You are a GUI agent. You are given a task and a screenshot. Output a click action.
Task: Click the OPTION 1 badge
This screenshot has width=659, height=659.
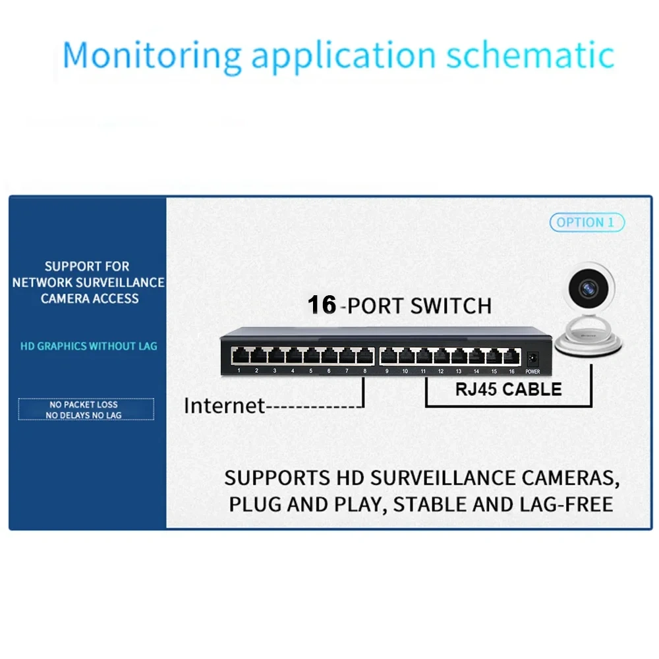click(587, 223)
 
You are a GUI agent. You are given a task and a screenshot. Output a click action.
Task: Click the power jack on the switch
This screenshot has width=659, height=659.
click(532, 358)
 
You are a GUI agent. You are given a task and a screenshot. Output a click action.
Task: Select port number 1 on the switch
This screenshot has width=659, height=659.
click(239, 357)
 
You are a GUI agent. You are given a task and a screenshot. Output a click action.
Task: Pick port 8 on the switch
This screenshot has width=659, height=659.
click(364, 357)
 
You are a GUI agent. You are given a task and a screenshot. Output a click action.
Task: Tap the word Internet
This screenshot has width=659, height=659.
click(224, 405)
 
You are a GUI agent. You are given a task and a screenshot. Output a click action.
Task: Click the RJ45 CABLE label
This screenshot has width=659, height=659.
click(508, 389)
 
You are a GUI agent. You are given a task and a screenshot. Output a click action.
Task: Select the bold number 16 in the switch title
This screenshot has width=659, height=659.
click(322, 305)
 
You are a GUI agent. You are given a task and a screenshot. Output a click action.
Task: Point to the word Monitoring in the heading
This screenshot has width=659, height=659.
click(152, 57)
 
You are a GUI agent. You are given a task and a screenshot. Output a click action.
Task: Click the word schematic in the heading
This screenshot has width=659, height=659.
click(530, 57)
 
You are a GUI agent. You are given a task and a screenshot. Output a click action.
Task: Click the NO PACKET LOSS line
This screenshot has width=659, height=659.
click(84, 405)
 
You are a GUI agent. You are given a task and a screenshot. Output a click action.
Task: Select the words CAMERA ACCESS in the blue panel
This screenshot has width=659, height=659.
click(90, 299)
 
